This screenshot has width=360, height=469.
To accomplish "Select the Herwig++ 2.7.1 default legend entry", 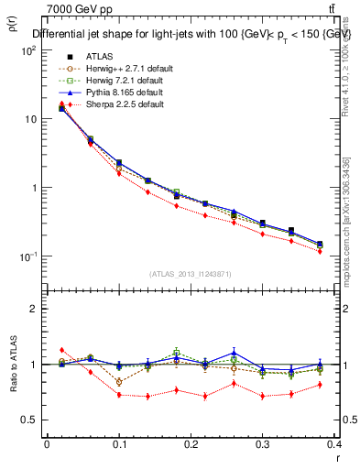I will (x=121, y=68).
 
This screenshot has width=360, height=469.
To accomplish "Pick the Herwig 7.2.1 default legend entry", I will (x=119, y=81).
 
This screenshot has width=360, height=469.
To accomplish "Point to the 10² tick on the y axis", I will (x=29, y=50).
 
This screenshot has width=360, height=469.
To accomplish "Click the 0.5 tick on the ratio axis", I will (x=30, y=420).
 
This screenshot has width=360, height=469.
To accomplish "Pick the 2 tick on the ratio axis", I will (x=34, y=309).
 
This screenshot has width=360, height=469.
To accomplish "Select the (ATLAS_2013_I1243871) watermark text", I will (x=190, y=274).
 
